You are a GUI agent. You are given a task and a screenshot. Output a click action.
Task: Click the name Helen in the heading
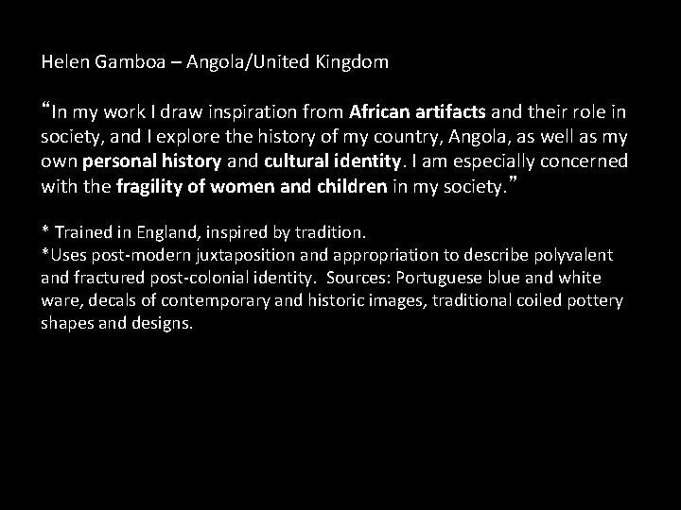(62, 64)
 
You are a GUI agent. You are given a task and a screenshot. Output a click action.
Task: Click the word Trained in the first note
(82, 231)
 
